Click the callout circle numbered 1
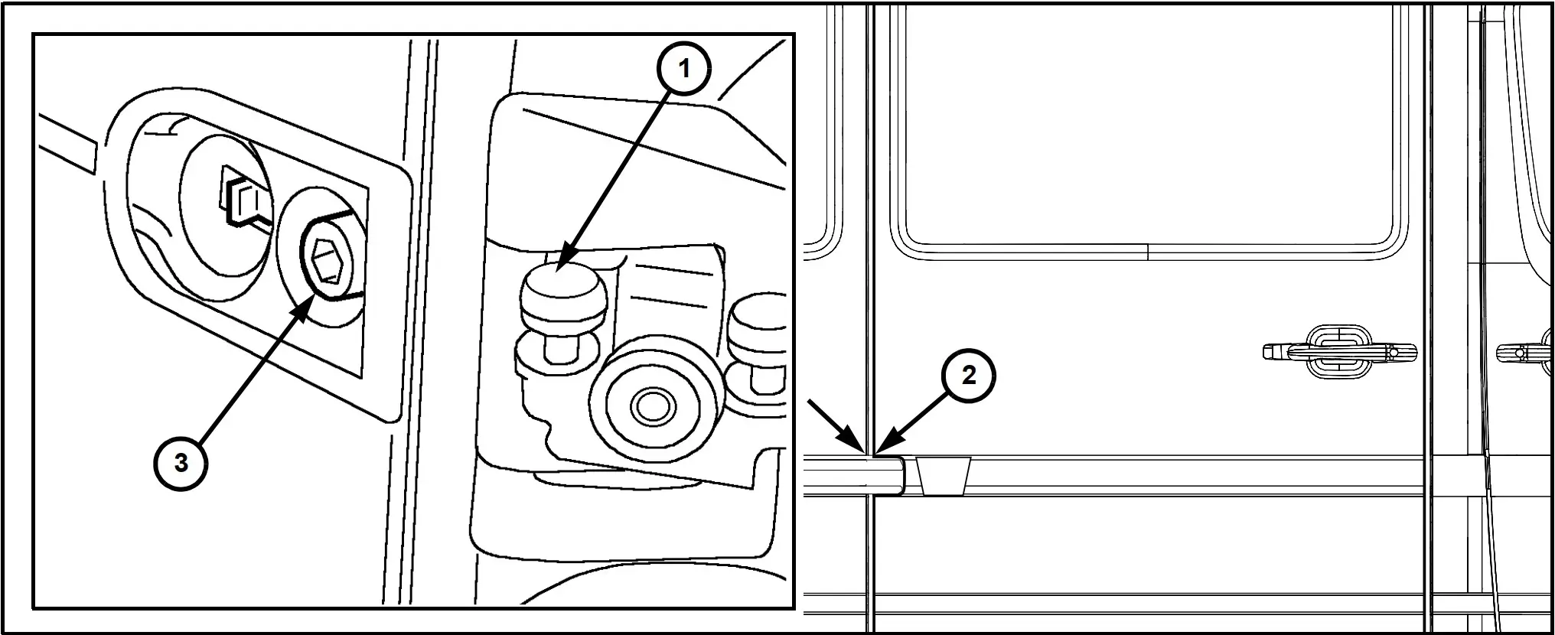pyautogui.click(x=684, y=68)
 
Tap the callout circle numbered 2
pyautogui.click(x=969, y=376)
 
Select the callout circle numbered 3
pyautogui.click(x=181, y=463)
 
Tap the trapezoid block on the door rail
pyautogui.click(x=944, y=476)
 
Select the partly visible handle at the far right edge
pyautogui.click(x=1526, y=353)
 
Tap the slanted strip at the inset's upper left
pyautogui.click(x=67, y=142)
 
